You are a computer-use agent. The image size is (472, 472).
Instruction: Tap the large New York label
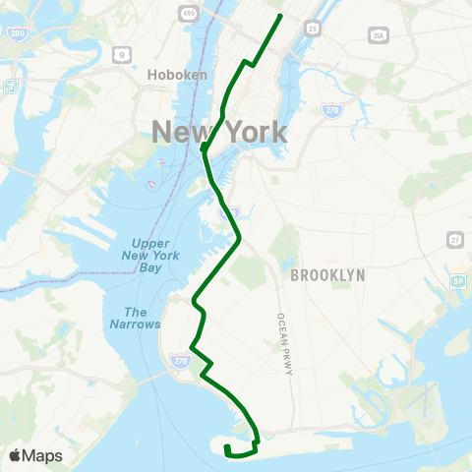(219, 131)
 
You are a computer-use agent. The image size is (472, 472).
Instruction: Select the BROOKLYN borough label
(327, 276)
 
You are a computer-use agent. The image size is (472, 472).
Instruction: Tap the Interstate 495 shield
(187, 13)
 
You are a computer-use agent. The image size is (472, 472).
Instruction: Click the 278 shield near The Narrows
(178, 361)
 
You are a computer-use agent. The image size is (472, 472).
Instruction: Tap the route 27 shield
(454, 241)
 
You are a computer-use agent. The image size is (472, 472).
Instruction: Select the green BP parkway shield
(457, 282)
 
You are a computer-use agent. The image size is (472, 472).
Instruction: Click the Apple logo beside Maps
(16, 454)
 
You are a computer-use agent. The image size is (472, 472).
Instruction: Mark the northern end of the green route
(281, 16)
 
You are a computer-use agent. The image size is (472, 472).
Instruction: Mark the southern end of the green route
(227, 447)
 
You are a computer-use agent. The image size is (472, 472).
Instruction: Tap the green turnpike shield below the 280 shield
(12, 86)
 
